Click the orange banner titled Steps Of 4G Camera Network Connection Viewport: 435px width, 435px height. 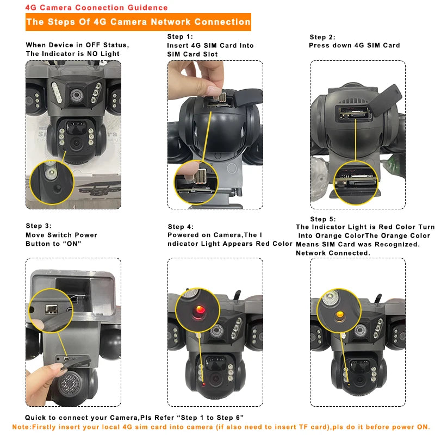click(138, 22)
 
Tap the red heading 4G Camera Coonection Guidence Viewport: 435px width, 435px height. click(97, 8)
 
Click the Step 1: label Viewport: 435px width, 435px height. click(180, 36)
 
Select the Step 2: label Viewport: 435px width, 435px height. click(322, 37)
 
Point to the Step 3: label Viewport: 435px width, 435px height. click(39, 226)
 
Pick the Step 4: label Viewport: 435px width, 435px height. click(181, 227)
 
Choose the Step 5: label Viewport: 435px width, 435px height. click(323, 219)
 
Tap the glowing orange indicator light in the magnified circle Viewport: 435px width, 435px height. click(339, 315)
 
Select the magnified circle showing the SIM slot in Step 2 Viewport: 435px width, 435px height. click(356, 183)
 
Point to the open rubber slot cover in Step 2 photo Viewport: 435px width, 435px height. click(385, 100)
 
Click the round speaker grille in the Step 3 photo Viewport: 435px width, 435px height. click(70, 384)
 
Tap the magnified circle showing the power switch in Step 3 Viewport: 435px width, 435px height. click(51, 310)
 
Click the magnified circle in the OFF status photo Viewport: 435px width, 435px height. click(52, 182)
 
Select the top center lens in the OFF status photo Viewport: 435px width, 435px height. click(76, 95)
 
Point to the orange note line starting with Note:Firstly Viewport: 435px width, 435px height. click(221, 427)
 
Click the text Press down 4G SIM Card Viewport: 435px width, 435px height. click(355, 45)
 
